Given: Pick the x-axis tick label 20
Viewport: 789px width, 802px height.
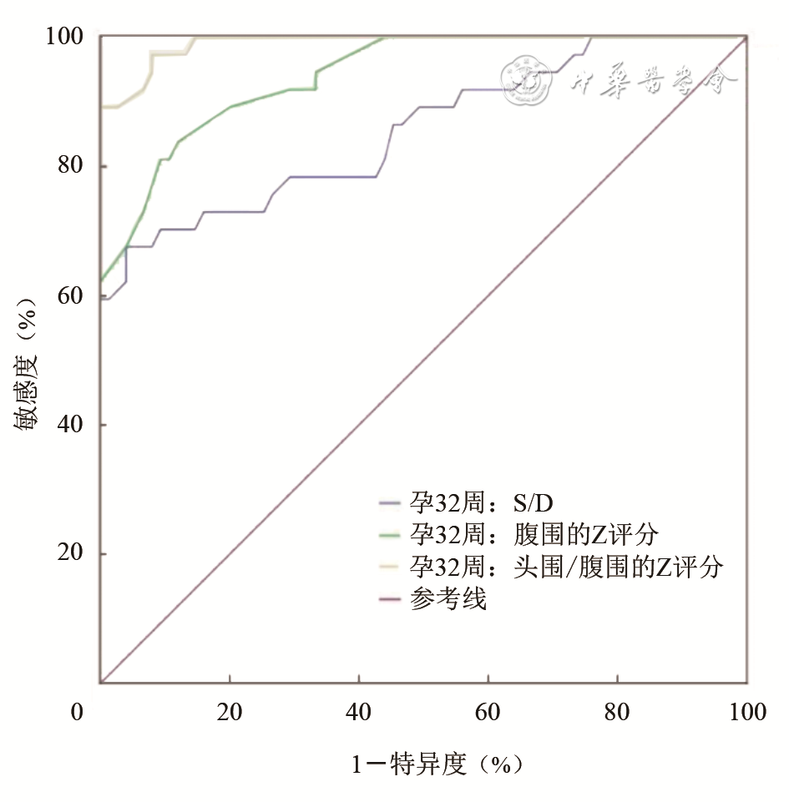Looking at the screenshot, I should [x=230, y=713].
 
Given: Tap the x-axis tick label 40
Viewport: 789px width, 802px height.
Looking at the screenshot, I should [x=359, y=713].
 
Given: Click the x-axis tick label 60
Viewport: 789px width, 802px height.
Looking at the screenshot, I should [x=488, y=713].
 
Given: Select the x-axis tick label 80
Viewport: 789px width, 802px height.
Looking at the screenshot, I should [x=618, y=713].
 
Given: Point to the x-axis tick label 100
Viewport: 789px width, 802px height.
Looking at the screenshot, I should [x=746, y=713].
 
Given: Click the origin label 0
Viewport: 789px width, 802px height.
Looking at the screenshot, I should [x=77, y=713].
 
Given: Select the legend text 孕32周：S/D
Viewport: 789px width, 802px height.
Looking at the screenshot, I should [x=482, y=502].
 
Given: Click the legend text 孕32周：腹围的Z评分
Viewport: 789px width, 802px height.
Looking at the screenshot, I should [x=534, y=534].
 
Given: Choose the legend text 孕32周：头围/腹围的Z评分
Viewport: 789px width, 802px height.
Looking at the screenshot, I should [x=565, y=567].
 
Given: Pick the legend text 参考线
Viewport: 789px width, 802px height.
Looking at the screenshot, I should [x=448, y=598].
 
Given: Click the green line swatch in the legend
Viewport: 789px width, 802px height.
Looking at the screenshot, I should [x=392, y=534].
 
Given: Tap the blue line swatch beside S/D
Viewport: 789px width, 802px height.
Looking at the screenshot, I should [x=392, y=502].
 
